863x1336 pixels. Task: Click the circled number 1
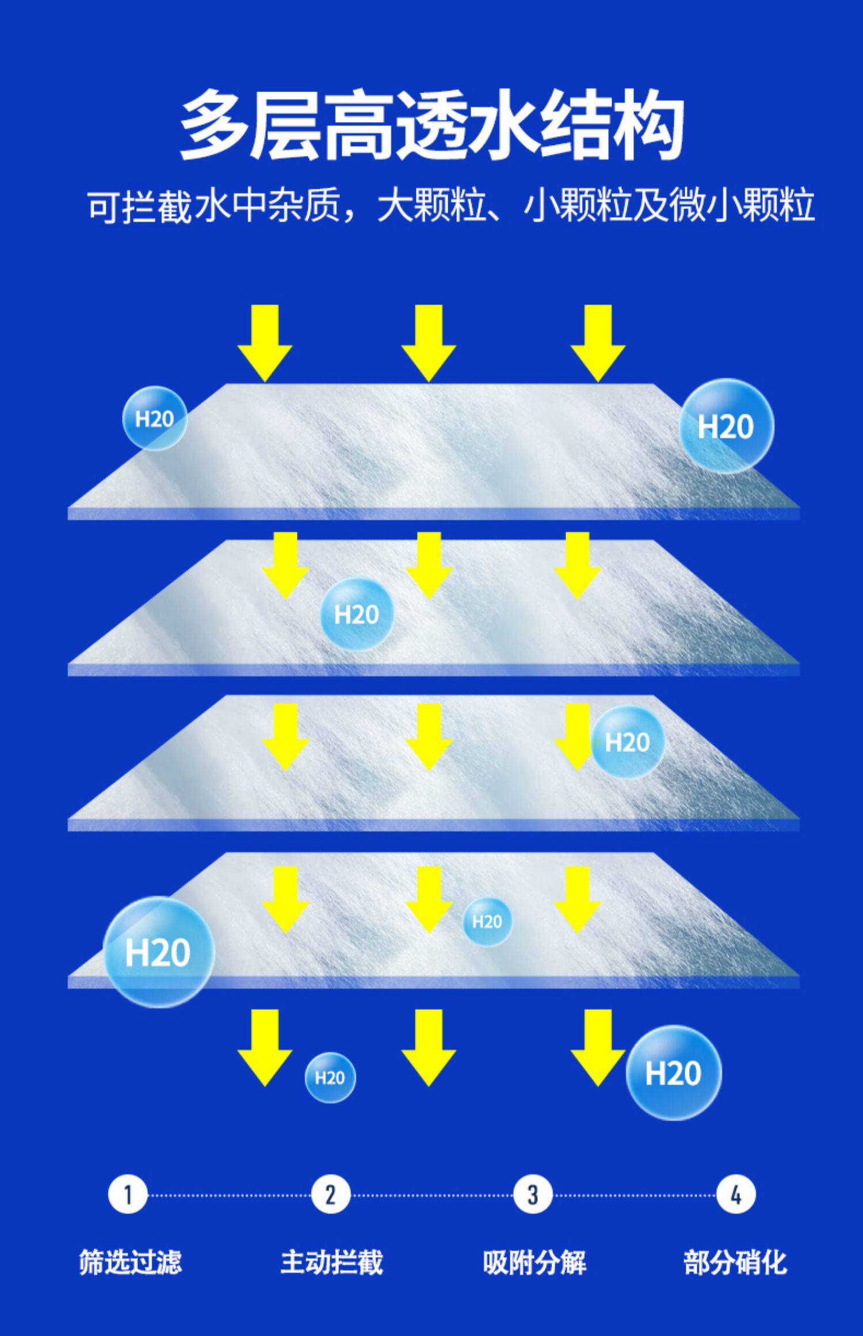pyautogui.click(x=128, y=1195)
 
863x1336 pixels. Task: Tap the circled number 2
pyautogui.click(x=330, y=1195)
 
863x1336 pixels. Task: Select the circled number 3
pyautogui.click(x=533, y=1195)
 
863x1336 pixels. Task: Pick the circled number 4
pyautogui.click(x=736, y=1195)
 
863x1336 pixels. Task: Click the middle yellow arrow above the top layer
pyautogui.click(x=429, y=343)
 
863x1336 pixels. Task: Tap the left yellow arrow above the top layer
pyautogui.click(x=265, y=343)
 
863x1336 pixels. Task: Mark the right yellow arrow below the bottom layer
pyautogui.click(x=598, y=1048)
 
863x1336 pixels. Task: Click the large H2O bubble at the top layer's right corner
pyautogui.click(x=726, y=426)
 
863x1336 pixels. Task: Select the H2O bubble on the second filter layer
pyautogui.click(x=357, y=614)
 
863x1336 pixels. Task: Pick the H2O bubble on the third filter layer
pyautogui.click(x=627, y=742)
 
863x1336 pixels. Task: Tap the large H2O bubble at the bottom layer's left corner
pyautogui.click(x=158, y=952)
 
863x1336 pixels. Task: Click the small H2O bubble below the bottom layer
pyautogui.click(x=330, y=1077)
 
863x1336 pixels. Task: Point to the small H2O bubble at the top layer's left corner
pyautogui.click(x=154, y=418)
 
